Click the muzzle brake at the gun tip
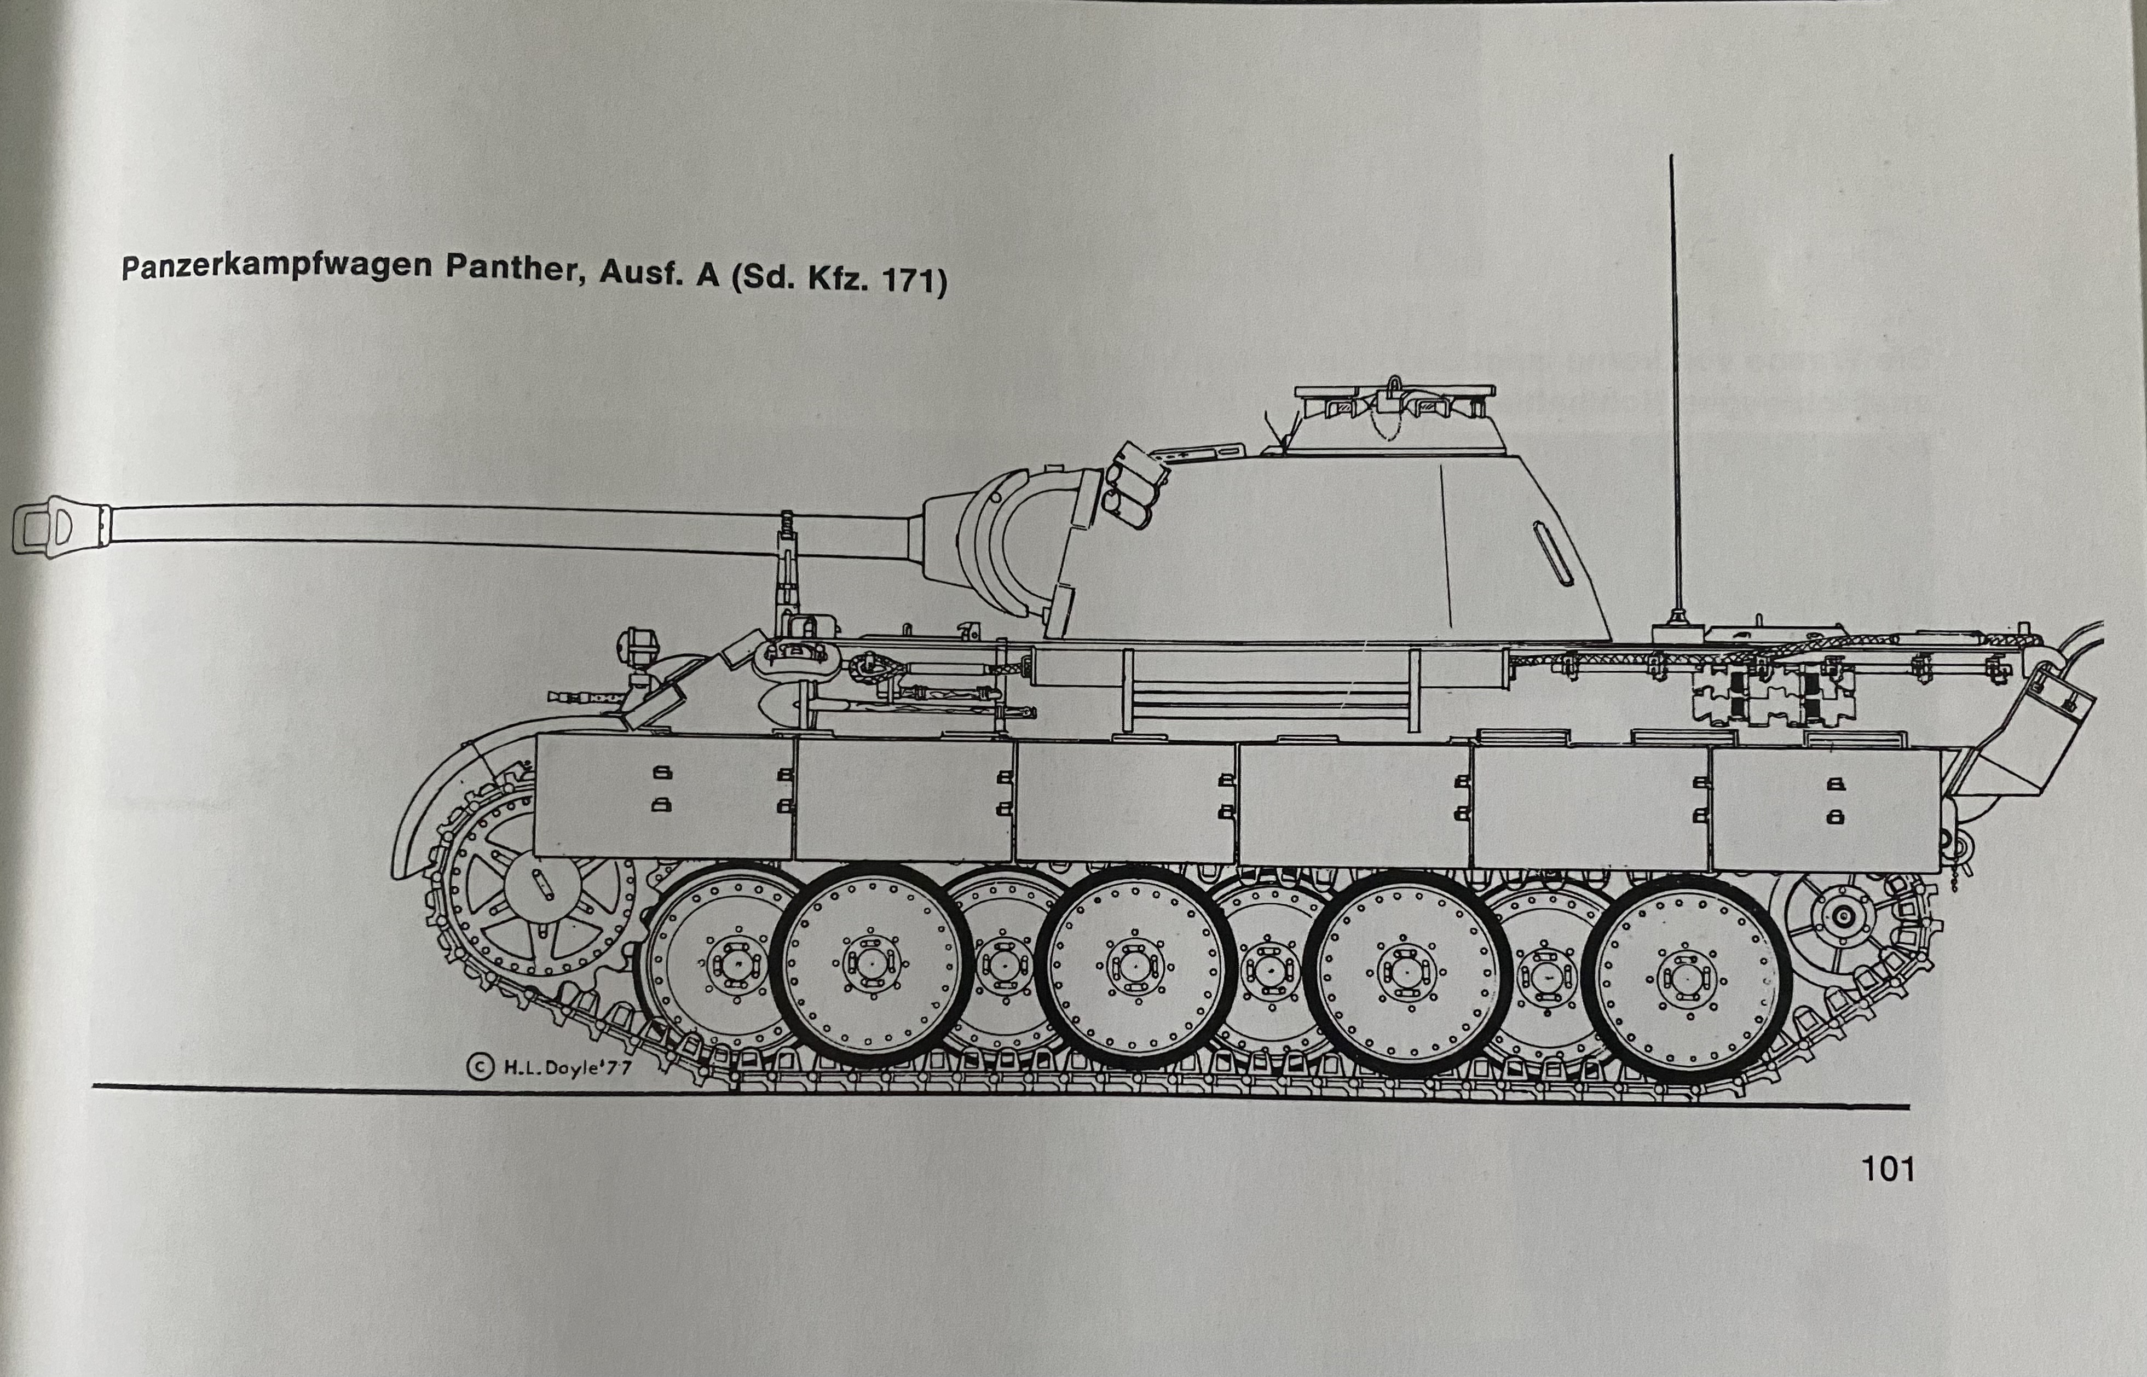point(58,527)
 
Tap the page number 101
point(1888,1169)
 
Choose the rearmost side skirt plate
point(1825,809)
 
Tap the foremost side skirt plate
point(662,796)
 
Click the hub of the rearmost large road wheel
point(1686,977)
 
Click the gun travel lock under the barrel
point(787,572)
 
